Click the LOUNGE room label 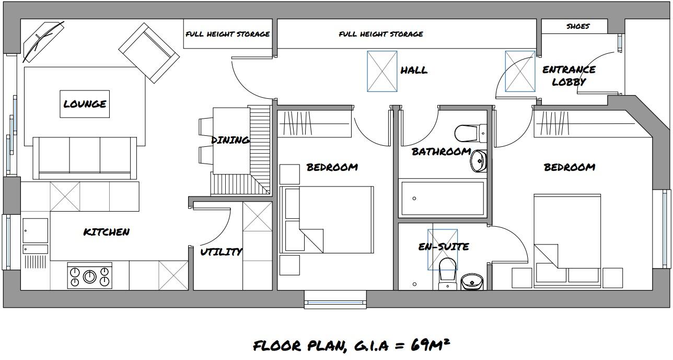coord(85,104)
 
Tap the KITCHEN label coord(107,232)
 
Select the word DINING coord(230,140)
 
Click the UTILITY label coord(222,252)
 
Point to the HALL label coord(414,70)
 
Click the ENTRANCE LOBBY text coord(569,76)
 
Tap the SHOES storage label coord(577,26)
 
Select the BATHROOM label coord(441,152)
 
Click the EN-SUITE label coord(444,247)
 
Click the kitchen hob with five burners coord(90,276)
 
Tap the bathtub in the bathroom coord(442,199)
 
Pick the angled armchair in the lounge coord(149,53)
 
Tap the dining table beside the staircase coord(229,141)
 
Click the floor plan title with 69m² coord(351,345)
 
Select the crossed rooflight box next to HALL coord(382,71)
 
